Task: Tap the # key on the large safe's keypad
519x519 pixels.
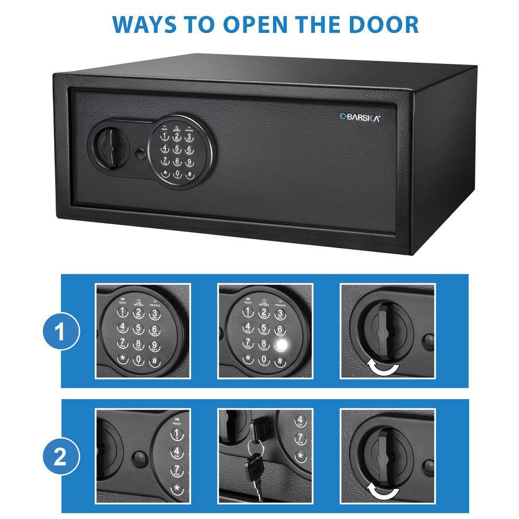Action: [189, 174]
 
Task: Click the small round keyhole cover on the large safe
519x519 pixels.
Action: [141, 154]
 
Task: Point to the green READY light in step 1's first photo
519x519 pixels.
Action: [122, 299]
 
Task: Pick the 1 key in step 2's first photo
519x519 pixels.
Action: [176, 434]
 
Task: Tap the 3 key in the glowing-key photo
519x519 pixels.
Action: [279, 313]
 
